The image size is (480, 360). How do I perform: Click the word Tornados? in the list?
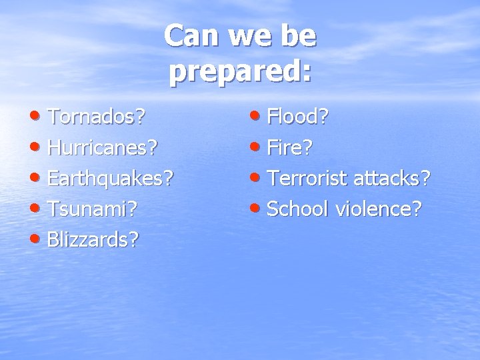point(97,118)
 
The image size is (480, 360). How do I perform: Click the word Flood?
point(297,118)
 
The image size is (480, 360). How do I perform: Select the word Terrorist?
point(308,178)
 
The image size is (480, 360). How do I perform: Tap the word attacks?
point(393,178)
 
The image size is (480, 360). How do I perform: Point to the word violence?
point(378,208)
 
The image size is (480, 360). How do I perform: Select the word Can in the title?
point(189,36)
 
